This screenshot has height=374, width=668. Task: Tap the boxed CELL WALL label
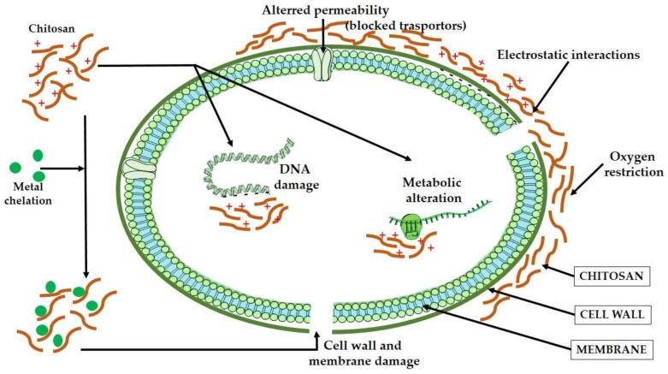(610, 313)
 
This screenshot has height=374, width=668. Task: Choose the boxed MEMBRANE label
(609, 348)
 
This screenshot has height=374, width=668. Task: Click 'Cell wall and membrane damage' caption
(370, 353)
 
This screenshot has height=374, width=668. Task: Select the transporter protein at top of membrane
(323, 62)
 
